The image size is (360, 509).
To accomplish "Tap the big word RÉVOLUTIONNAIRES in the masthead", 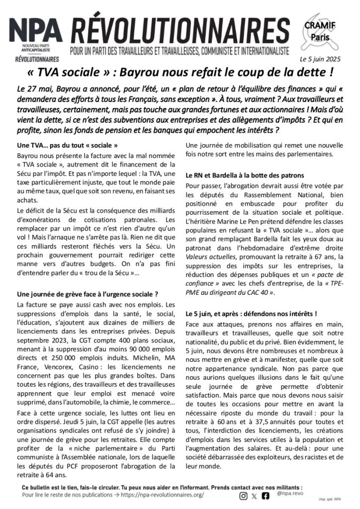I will point(180,33).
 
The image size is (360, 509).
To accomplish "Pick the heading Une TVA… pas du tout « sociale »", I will point(67,146).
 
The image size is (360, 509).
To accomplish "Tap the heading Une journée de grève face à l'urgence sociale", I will point(87,294).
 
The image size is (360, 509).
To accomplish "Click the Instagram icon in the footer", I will point(243,496).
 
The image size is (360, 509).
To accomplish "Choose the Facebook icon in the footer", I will point(266,496).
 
